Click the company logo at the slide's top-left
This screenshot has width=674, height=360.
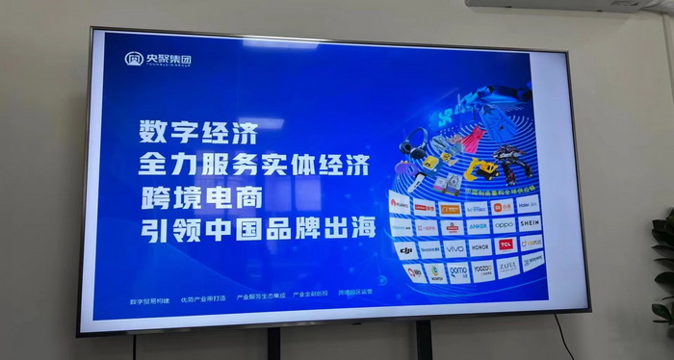click(158, 60)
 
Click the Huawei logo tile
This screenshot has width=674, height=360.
click(401, 204)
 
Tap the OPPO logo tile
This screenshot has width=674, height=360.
click(504, 224)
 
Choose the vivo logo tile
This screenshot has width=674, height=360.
click(454, 248)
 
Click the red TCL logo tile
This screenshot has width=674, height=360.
click(505, 244)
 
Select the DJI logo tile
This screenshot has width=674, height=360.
click(406, 250)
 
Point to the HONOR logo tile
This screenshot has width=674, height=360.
click(480, 246)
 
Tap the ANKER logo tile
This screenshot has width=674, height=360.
click(478, 226)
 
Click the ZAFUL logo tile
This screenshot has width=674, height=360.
click(507, 265)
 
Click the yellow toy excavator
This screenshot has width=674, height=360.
click(479, 170)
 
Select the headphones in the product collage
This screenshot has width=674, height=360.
click(415, 144)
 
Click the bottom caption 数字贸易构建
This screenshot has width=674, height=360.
click(147, 299)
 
